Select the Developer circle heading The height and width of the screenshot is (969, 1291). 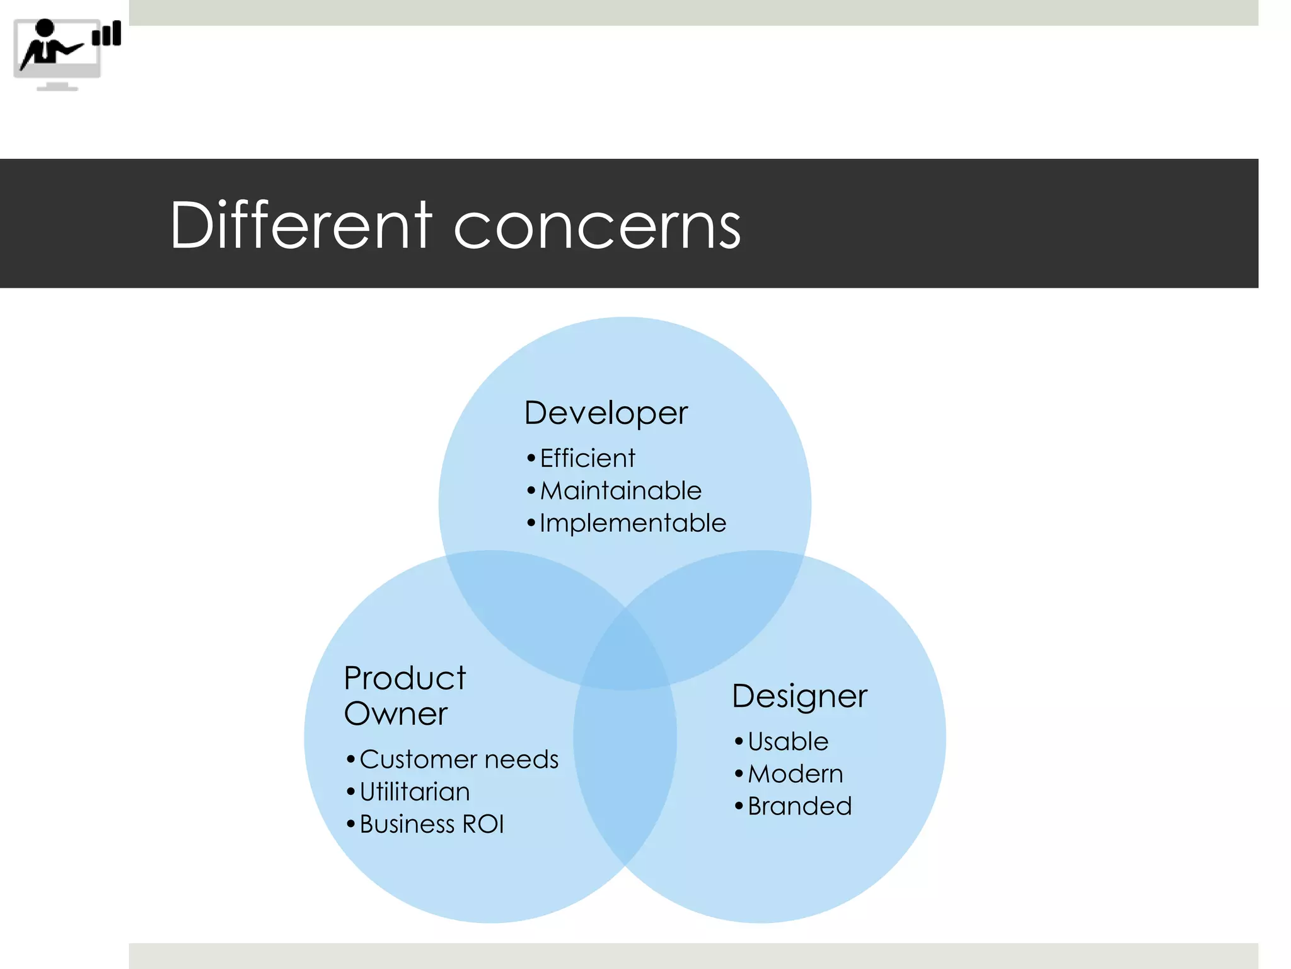click(x=606, y=413)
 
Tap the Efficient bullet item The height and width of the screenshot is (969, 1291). click(x=587, y=458)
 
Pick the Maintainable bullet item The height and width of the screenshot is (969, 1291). click(x=620, y=491)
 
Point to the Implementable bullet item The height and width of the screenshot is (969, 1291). click(x=632, y=523)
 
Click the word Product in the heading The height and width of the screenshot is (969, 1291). click(x=405, y=678)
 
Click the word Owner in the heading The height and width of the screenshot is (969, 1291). click(x=395, y=714)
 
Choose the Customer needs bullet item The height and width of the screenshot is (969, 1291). click(x=458, y=759)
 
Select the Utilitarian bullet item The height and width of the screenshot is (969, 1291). click(x=414, y=792)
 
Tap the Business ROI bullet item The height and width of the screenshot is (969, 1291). click(x=431, y=825)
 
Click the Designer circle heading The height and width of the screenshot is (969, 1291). click(x=799, y=696)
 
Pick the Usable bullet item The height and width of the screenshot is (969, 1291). click(x=787, y=741)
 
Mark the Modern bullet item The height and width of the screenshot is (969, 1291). click(x=795, y=774)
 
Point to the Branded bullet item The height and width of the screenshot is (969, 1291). click(x=799, y=806)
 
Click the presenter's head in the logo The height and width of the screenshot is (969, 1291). click(x=45, y=28)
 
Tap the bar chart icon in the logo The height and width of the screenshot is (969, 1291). click(x=107, y=34)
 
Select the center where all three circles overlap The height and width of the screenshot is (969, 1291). click(x=625, y=656)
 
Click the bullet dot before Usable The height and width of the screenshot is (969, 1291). click(x=739, y=741)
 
